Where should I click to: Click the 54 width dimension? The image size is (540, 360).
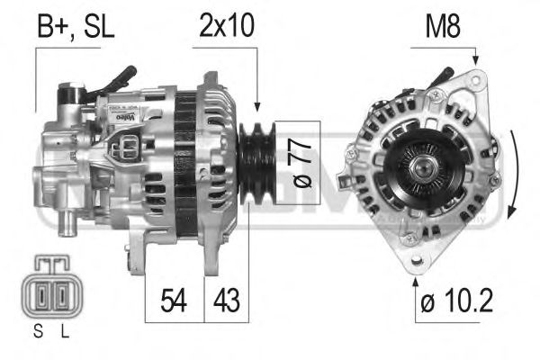tap(175, 299)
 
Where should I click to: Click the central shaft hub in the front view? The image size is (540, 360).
tap(419, 166)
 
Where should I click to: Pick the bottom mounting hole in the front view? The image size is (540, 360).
tap(416, 261)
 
